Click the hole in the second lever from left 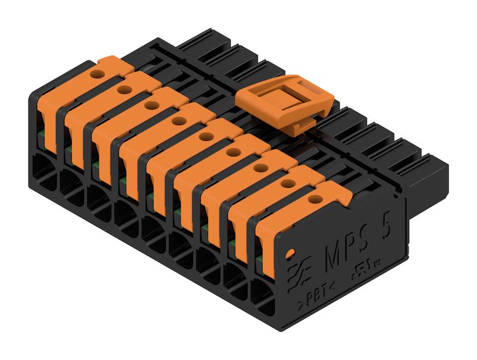tap(125, 90)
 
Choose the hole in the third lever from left tap(152, 105)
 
